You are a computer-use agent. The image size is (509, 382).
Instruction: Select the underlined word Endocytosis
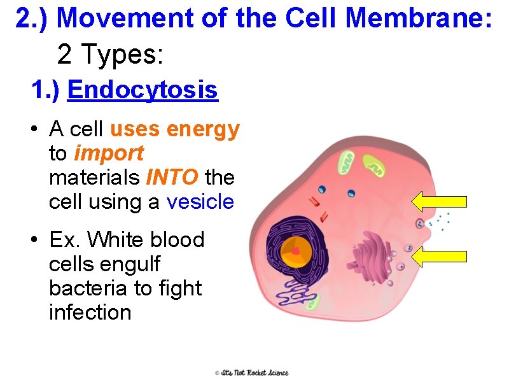click(x=143, y=90)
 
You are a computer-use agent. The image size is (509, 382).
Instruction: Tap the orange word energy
click(x=202, y=129)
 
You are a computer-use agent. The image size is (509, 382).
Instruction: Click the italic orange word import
click(x=109, y=153)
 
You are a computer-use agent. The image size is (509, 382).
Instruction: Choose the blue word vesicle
click(x=200, y=202)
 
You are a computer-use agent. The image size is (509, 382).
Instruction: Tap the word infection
click(x=90, y=313)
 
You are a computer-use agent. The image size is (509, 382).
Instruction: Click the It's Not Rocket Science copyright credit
click(x=251, y=372)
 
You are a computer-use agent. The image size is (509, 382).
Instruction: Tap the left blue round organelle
click(x=323, y=189)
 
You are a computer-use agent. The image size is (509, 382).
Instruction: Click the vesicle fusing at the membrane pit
click(x=419, y=223)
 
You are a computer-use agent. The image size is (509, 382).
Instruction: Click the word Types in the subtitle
click(x=124, y=55)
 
